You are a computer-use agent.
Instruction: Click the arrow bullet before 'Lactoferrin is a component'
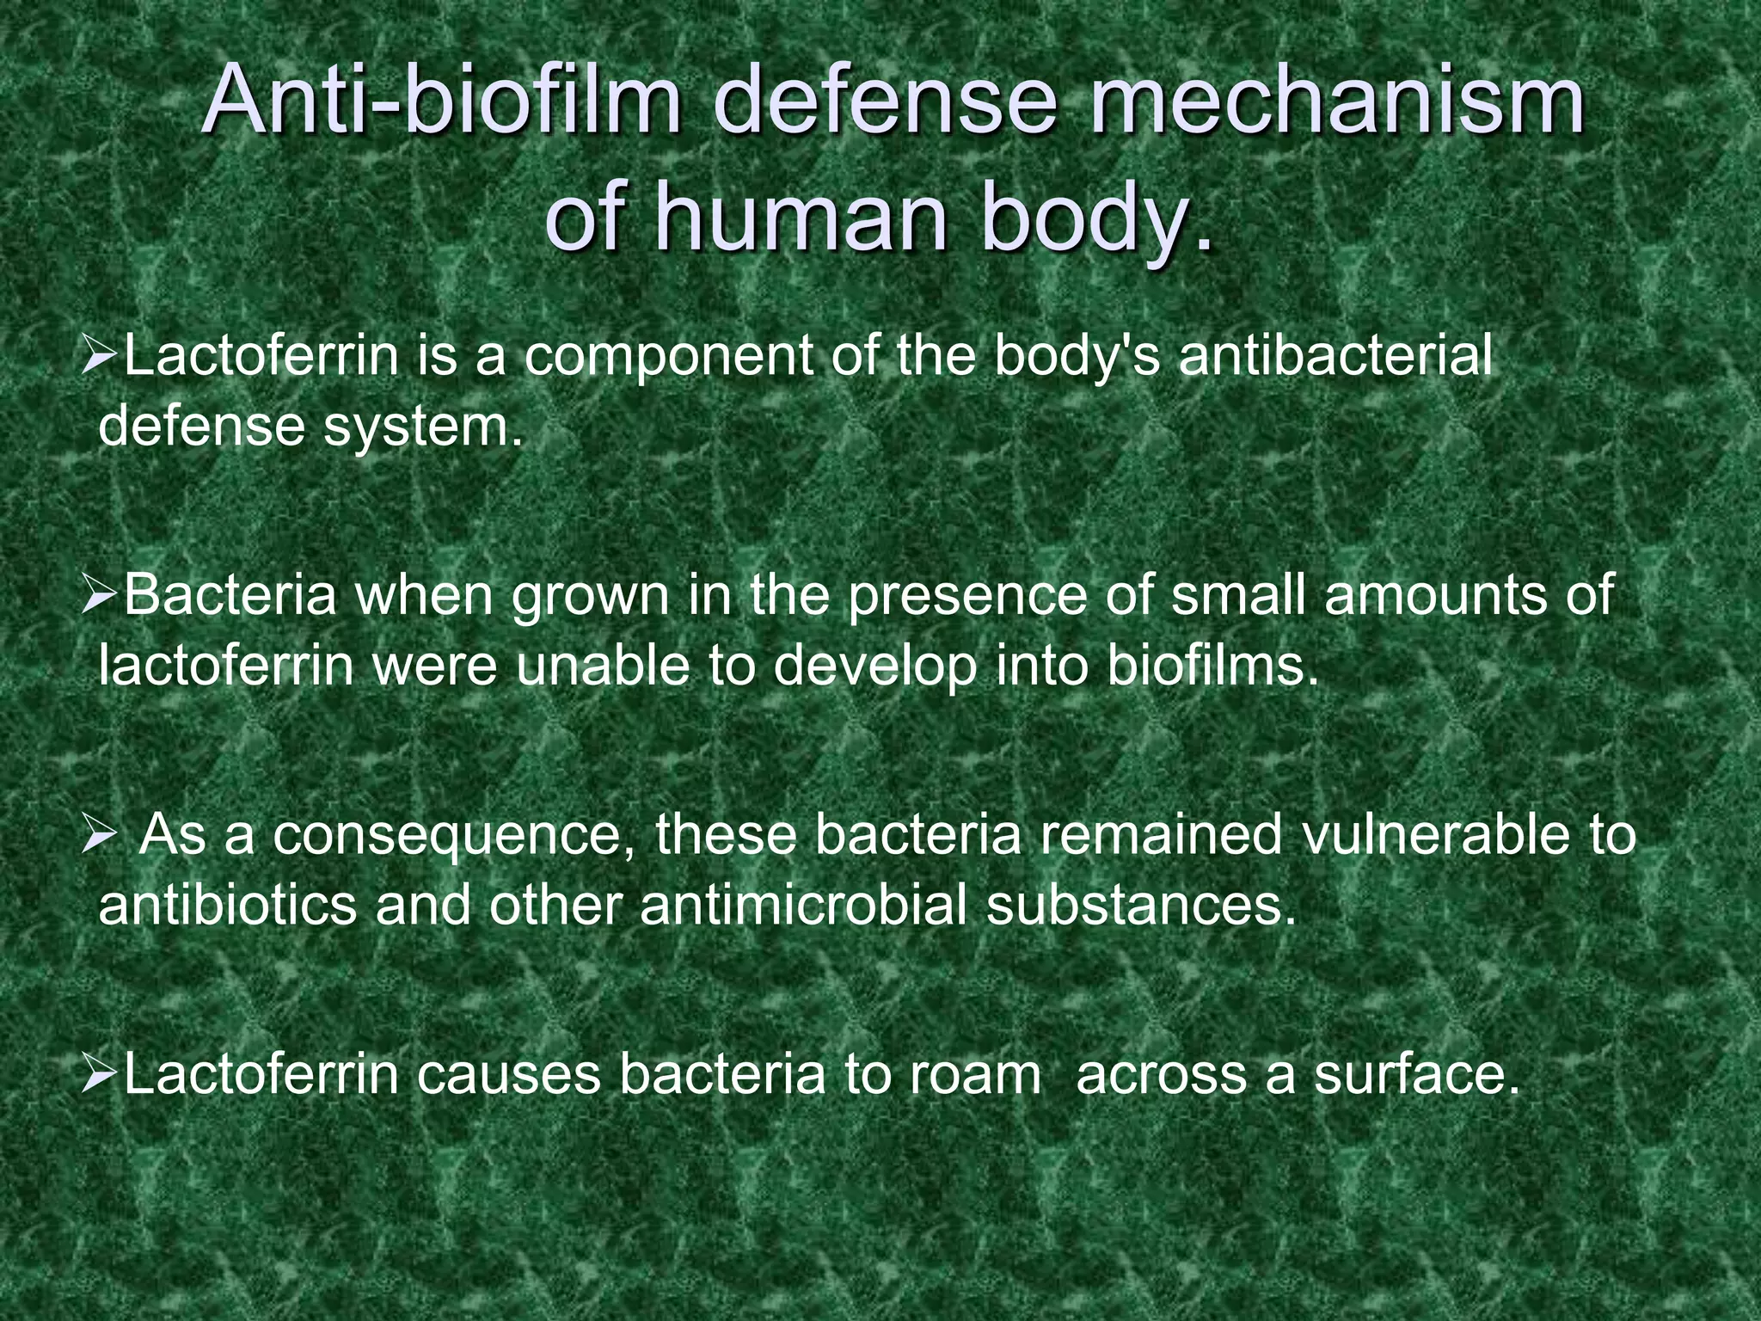[99, 356]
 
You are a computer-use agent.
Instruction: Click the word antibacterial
[1335, 356]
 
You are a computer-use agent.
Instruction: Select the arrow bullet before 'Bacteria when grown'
[99, 595]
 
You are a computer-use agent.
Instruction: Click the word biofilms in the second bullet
[1212, 665]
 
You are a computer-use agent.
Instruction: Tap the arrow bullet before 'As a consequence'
[99, 835]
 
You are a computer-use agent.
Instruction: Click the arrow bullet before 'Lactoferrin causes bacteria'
[99, 1074]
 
